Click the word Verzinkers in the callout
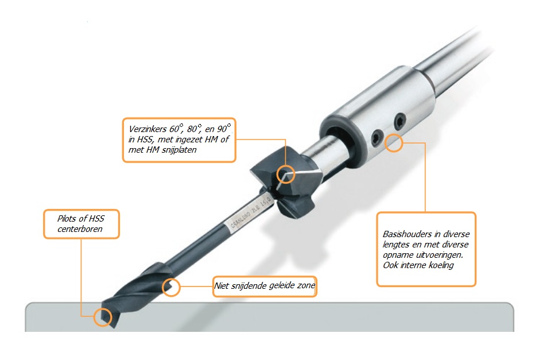point(148,129)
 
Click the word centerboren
point(80,229)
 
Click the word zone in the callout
point(306,285)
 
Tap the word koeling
point(441,265)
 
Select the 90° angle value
point(224,128)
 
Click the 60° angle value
point(176,129)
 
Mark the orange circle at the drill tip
point(103,317)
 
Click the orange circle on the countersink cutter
point(285,175)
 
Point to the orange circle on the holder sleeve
point(394,143)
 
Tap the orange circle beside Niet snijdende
point(171,287)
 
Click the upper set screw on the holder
point(400,120)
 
